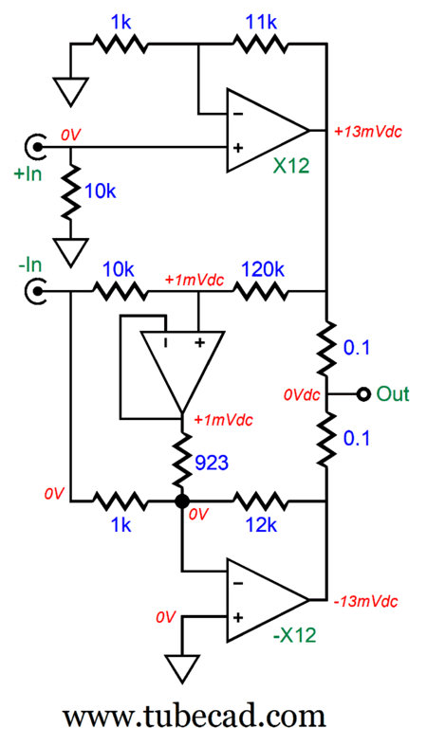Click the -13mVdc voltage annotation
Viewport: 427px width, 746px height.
[x=366, y=601]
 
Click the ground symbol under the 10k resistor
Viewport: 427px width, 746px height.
[x=68, y=252]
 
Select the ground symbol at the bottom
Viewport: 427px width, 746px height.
[x=181, y=669]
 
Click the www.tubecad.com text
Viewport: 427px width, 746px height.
[x=195, y=712]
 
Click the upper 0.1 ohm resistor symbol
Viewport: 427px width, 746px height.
[x=325, y=347]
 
